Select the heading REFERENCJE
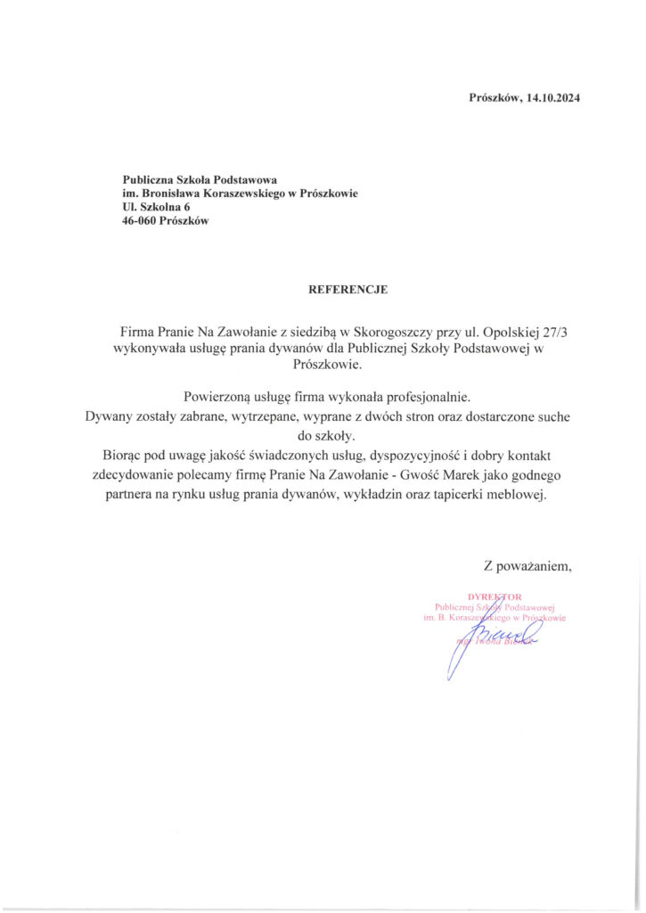pyautogui.click(x=348, y=290)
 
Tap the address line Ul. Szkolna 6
pyautogui.click(x=156, y=207)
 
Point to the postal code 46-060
pyautogui.click(x=141, y=221)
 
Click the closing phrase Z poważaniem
pyautogui.click(x=526, y=564)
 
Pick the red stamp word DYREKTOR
pyautogui.click(x=495, y=596)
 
